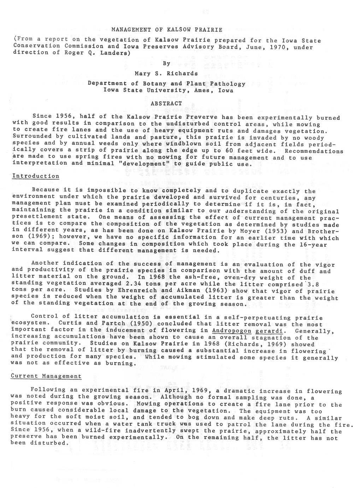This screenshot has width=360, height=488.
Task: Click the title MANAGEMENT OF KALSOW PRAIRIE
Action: [x=166, y=29]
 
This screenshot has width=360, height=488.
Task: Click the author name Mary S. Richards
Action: [x=166, y=74]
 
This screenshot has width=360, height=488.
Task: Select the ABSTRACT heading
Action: [x=166, y=104]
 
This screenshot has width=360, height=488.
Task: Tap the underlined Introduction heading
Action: [x=36, y=176]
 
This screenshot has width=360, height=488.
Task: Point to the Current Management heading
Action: [x=46, y=376]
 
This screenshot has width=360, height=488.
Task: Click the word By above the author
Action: [x=166, y=64]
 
